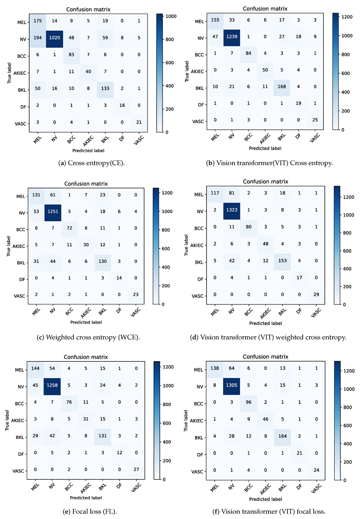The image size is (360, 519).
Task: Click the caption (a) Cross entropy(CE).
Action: [x=92, y=163]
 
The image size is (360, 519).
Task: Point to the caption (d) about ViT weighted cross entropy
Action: [x=268, y=337]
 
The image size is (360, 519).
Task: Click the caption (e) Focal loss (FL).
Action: [x=89, y=511]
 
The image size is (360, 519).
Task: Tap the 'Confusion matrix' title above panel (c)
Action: [x=86, y=184]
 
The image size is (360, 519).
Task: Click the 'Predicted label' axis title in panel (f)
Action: [x=265, y=499]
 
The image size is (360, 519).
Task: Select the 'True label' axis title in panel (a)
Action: [x=9, y=73]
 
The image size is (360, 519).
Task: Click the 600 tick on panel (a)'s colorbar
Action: [x=169, y=63]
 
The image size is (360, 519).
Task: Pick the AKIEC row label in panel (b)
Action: [x=197, y=71]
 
